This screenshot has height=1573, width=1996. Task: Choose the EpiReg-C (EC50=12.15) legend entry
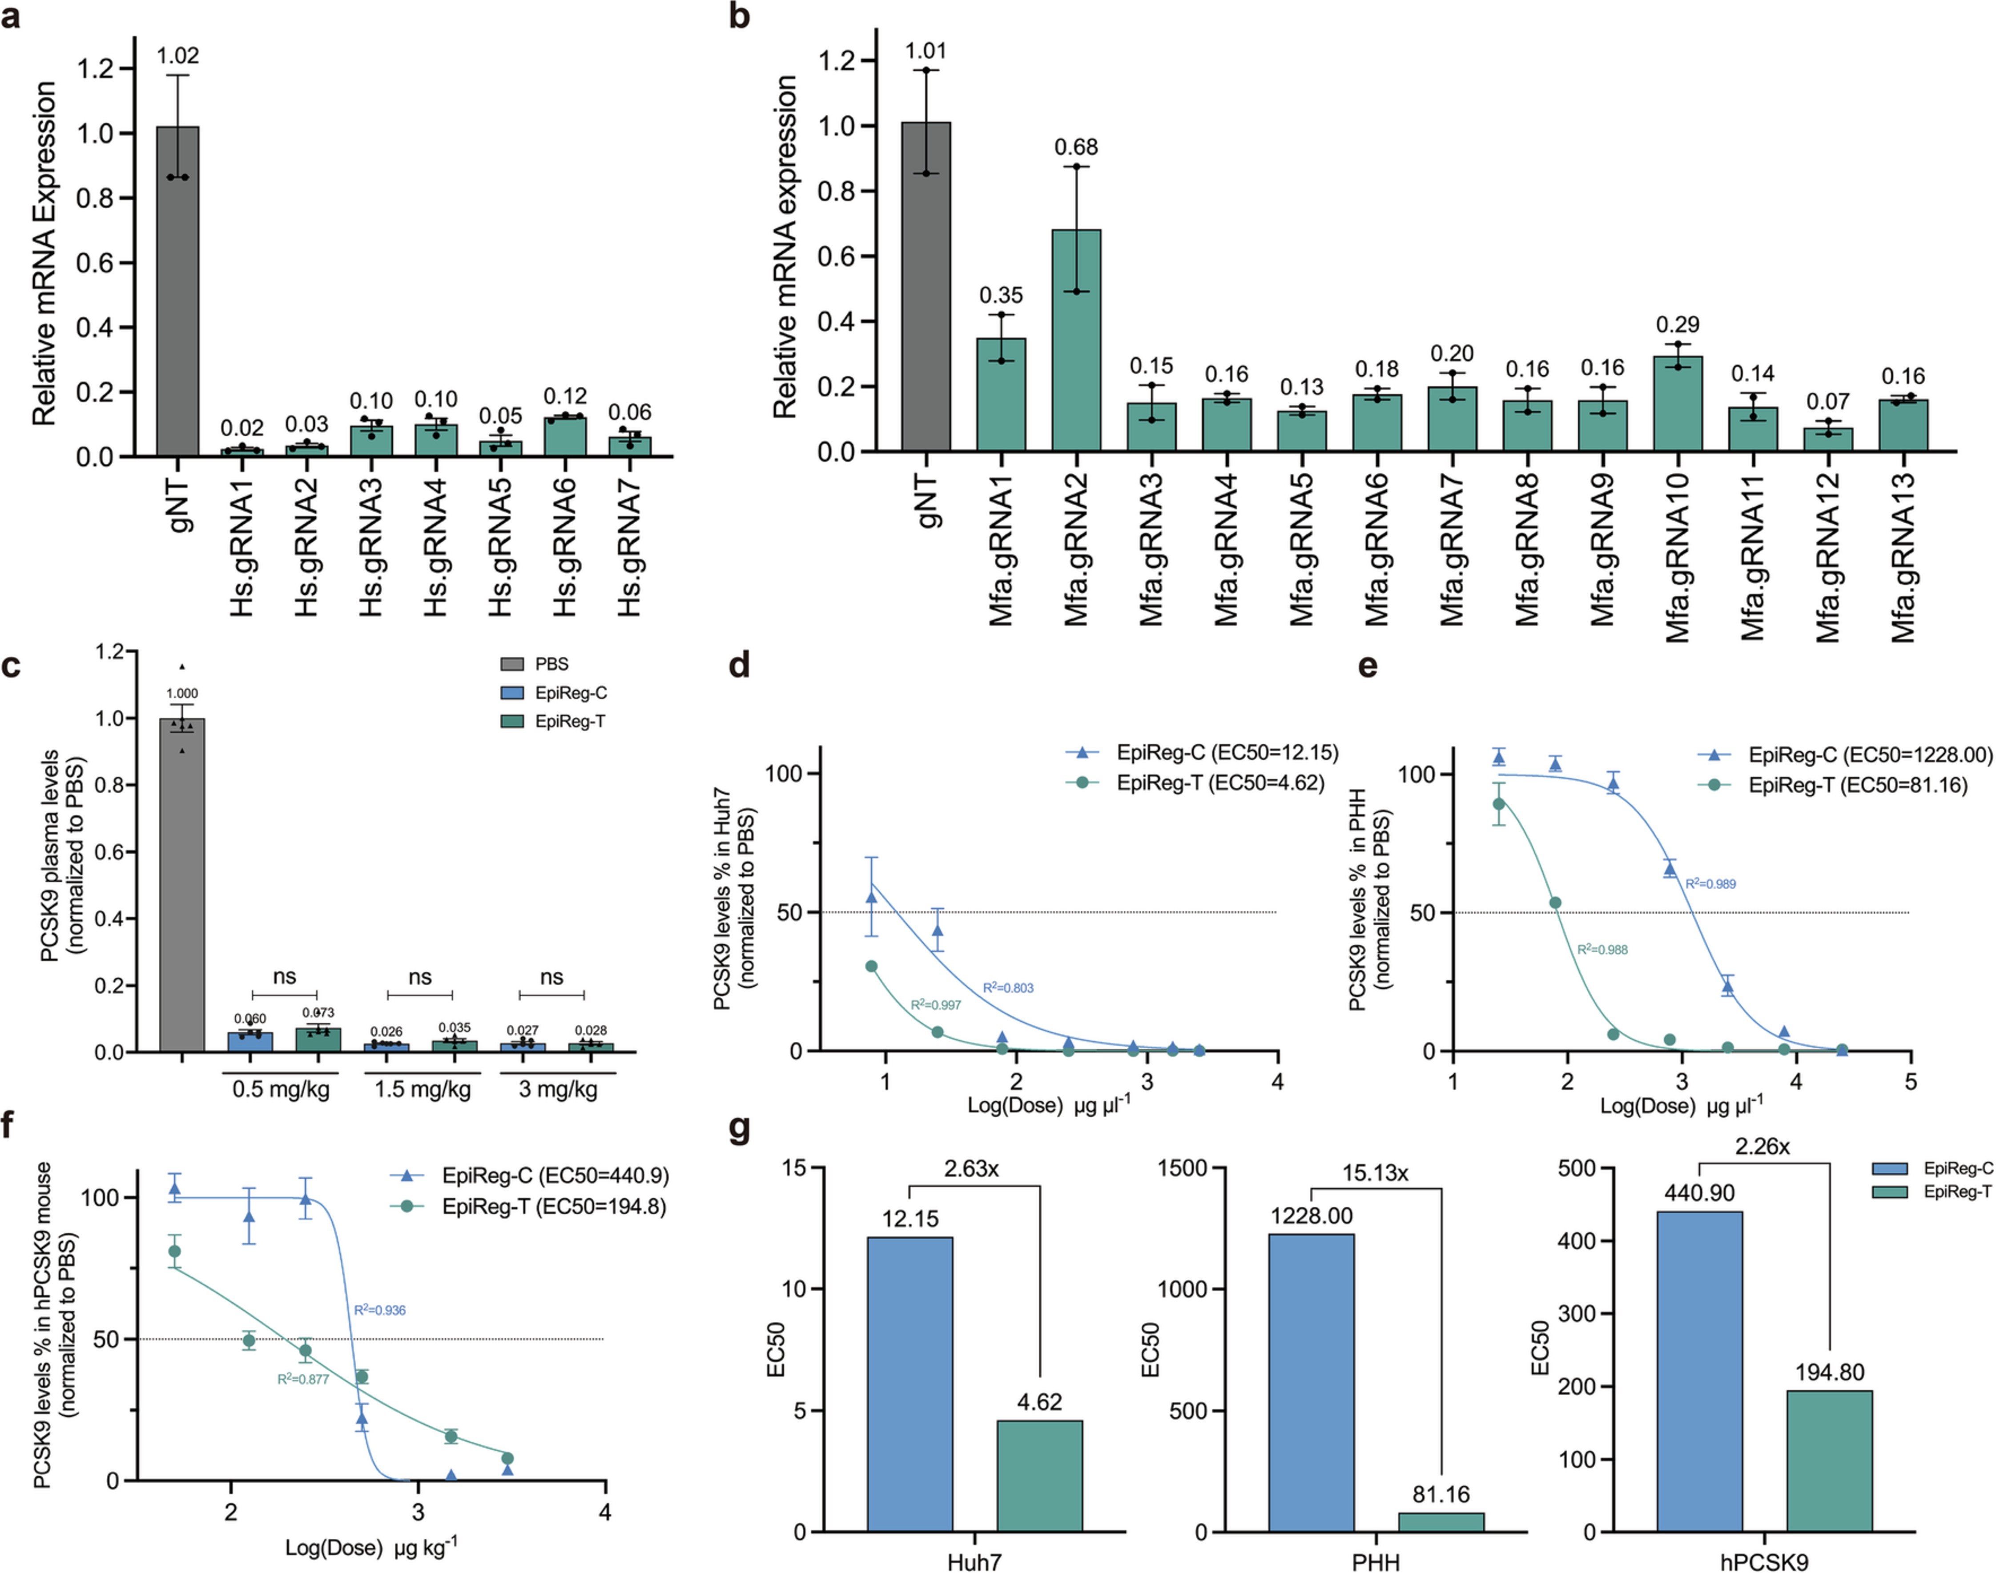click(1202, 752)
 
